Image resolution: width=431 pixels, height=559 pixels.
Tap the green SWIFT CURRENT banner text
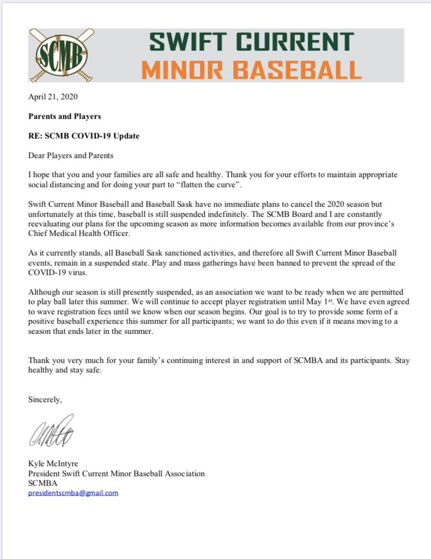pos(251,42)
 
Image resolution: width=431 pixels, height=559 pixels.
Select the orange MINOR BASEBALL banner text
pos(253,69)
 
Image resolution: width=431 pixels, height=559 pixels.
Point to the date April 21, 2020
pos(53,97)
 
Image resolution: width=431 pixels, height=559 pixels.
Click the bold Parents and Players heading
pos(65,116)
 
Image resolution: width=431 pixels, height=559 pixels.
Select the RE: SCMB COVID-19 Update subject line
pos(84,136)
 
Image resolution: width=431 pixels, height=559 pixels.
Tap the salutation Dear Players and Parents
pos(71,156)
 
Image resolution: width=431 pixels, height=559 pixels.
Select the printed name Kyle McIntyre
pos(53,464)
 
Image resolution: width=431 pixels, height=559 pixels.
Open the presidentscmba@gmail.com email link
pos(73,493)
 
